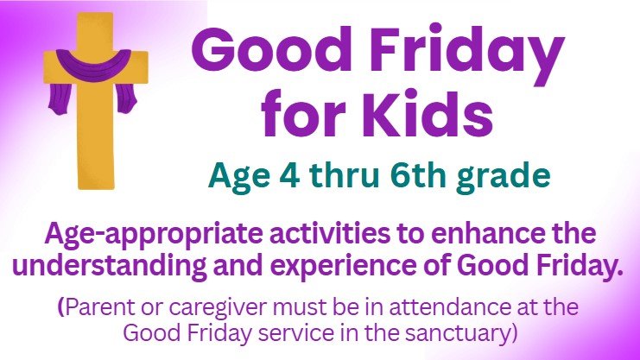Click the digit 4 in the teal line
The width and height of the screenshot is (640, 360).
289,176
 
